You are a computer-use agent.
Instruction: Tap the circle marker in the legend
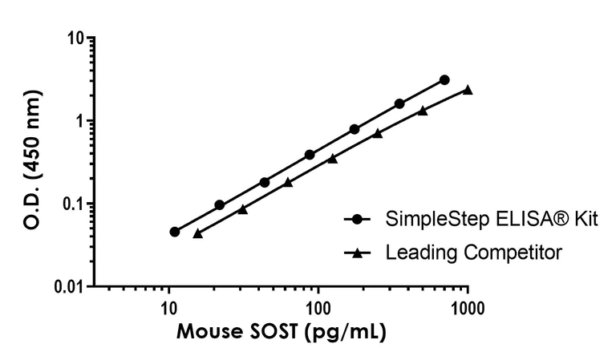click(359, 220)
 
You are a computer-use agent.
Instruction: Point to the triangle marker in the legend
click(359, 253)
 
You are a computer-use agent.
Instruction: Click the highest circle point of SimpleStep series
click(444, 80)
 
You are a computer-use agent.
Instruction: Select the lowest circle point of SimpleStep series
click(175, 232)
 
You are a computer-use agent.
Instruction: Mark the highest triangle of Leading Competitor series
click(468, 90)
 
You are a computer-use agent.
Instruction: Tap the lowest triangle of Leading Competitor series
click(198, 233)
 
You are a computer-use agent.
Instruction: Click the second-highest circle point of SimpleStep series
click(399, 104)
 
